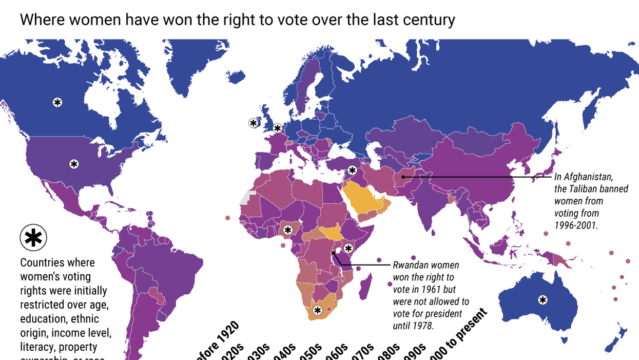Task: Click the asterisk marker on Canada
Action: point(57,102)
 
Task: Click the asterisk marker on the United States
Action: point(74,164)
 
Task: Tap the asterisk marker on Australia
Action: point(543,300)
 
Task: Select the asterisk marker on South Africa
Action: point(317,310)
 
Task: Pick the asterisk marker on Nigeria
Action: point(287,230)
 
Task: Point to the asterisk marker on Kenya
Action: point(348,248)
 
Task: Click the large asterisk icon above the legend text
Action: point(33,238)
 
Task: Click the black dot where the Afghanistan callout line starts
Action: point(403,177)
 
